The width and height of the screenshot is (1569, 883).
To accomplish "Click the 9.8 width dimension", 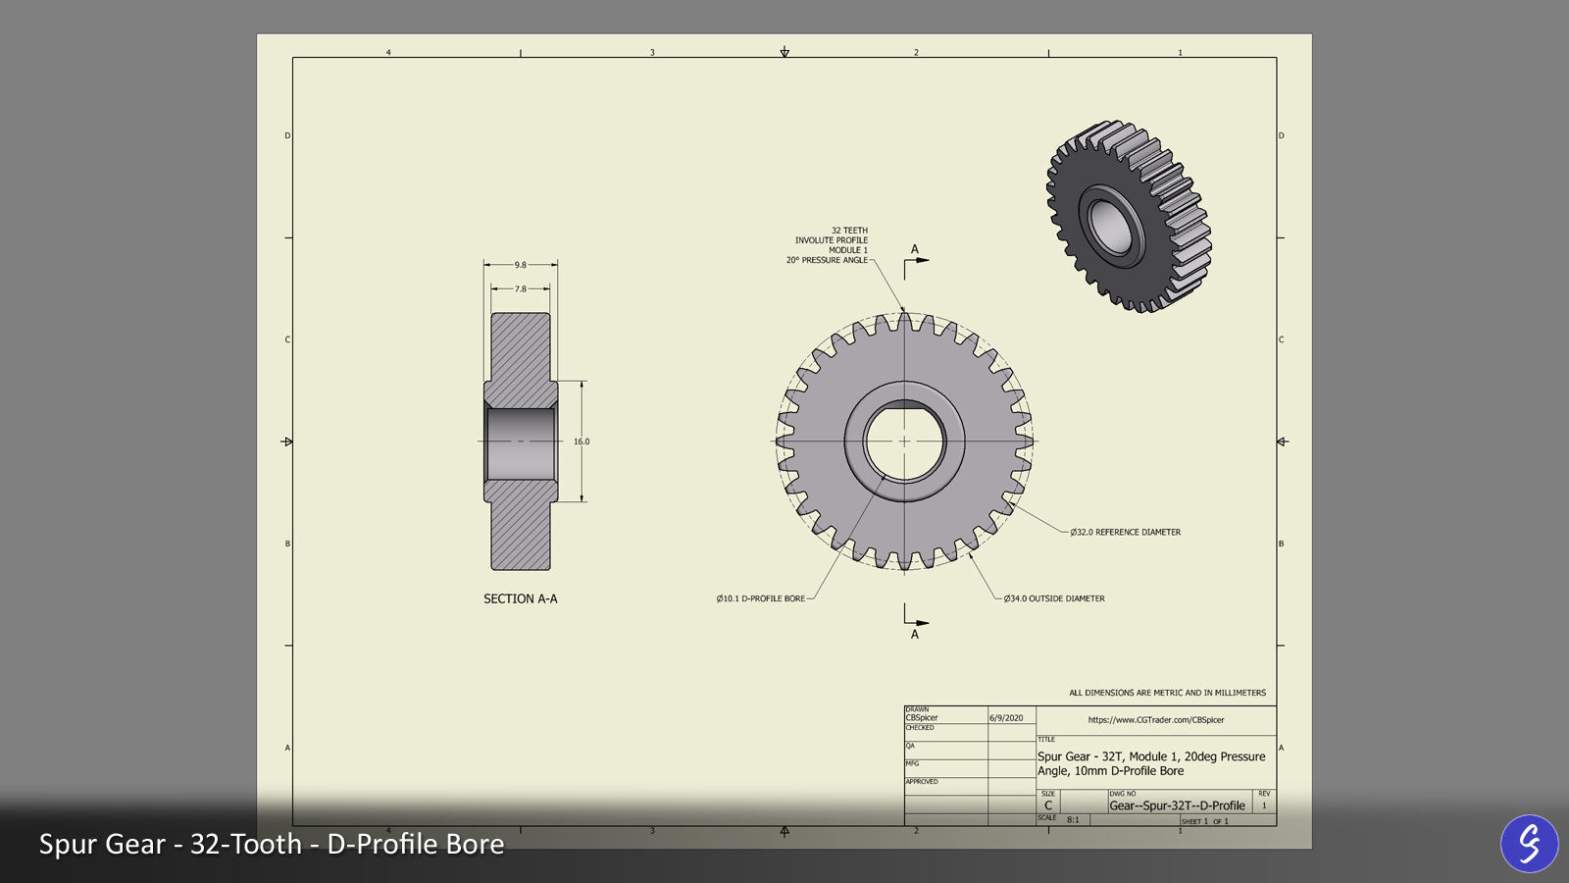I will tap(520, 265).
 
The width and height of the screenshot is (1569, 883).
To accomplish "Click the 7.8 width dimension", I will tap(520, 289).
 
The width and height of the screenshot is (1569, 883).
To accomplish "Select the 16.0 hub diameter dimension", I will tap(582, 441).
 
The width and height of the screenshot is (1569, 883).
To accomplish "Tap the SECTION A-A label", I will tap(520, 598).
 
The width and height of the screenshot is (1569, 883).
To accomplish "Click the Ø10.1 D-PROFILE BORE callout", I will tap(760, 598).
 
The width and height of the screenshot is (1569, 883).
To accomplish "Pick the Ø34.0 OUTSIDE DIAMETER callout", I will tap(1054, 598).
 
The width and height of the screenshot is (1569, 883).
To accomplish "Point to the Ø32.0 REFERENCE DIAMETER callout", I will tap(1125, 533).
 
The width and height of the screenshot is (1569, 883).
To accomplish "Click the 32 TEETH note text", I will tap(849, 231).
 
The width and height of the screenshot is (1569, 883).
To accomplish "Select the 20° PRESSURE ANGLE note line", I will tap(827, 260).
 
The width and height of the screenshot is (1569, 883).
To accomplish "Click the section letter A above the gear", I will tap(915, 249).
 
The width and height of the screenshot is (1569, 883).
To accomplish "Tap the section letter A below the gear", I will tap(915, 635).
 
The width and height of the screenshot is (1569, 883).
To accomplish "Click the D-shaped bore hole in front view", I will tap(904, 441).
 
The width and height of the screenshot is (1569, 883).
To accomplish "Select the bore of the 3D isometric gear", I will tap(1111, 226).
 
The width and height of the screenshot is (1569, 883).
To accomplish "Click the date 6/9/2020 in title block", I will tap(1006, 718).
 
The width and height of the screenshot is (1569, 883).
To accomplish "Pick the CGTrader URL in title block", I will tap(1156, 720).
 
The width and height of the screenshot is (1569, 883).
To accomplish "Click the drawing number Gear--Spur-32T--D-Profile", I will tap(1177, 805).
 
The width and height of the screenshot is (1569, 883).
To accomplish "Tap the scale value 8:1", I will tap(1073, 819).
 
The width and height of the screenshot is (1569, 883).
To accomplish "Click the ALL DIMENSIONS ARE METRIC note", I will tap(1167, 693).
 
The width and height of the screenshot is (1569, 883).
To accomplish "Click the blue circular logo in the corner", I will tap(1529, 843).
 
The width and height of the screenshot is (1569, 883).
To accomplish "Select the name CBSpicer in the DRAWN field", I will tap(922, 718).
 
